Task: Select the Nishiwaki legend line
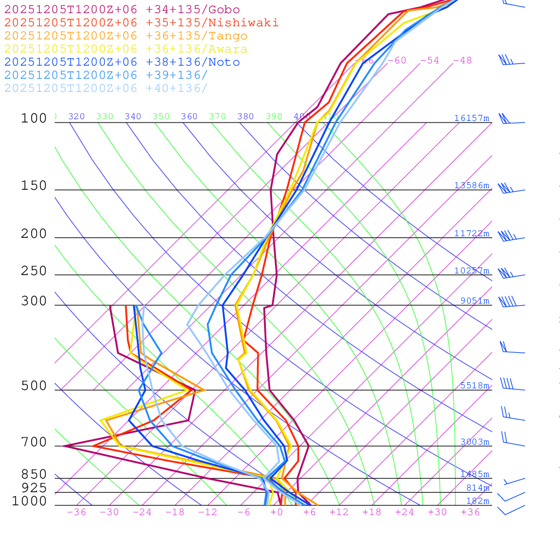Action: (x=141, y=22)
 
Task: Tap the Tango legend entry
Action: (x=126, y=36)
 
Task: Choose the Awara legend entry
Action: (x=126, y=49)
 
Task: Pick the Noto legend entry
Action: (x=122, y=62)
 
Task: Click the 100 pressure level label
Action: (x=34, y=118)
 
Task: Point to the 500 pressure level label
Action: (x=34, y=386)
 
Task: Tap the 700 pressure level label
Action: (x=34, y=442)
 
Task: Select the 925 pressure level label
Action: (x=34, y=488)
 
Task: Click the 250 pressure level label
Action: (x=34, y=271)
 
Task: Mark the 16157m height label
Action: (x=471, y=118)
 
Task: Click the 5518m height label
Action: (x=474, y=386)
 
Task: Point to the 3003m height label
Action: (x=474, y=442)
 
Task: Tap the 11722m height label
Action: (x=471, y=234)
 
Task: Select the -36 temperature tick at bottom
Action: (x=76, y=512)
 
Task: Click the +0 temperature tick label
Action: (x=277, y=512)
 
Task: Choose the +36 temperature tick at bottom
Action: (x=470, y=512)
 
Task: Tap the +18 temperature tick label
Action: (x=372, y=512)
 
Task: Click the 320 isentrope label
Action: (x=77, y=116)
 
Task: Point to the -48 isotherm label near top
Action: (x=462, y=60)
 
